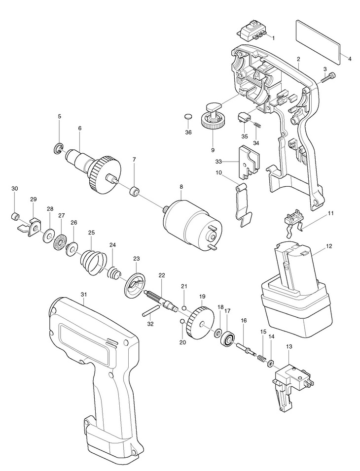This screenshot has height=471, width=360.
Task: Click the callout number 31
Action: point(84,295)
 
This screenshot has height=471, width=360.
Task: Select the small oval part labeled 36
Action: point(187,116)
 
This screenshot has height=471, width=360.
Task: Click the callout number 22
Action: point(161,275)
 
